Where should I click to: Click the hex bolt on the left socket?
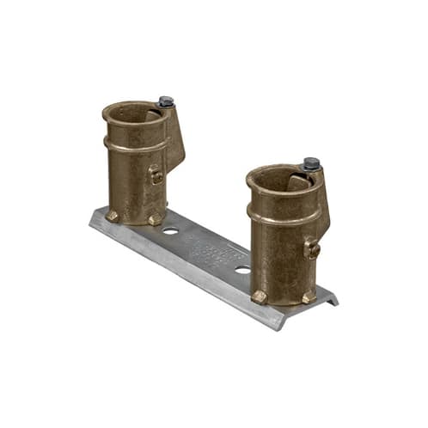(166, 101)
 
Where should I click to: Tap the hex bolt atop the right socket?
(311, 163)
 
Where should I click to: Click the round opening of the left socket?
(134, 114)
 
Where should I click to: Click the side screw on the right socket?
(313, 249)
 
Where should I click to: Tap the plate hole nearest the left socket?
(170, 230)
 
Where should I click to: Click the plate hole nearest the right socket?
(243, 269)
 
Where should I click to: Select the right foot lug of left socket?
(155, 220)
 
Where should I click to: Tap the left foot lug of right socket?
(259, 296)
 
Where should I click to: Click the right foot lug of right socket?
(308, 297)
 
